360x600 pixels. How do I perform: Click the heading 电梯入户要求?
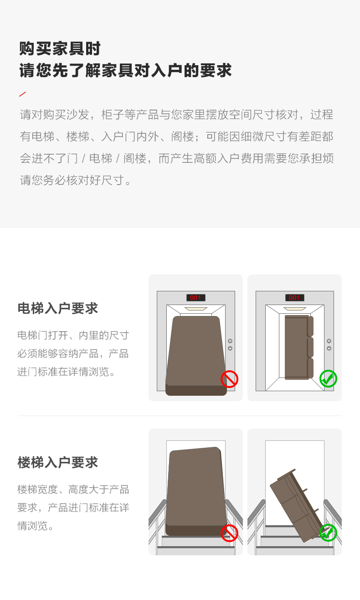click(x=57, y=308)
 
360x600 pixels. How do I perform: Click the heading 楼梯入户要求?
click(x=57, y=463)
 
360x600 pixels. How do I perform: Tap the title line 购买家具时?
click(x=60, y=48)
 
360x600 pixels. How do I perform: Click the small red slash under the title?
click(x=22, y=94)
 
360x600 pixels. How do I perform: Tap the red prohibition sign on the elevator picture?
click(x=229, y=379)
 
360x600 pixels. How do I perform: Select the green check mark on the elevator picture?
click(x=328, y=379)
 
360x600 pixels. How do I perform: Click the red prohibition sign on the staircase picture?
click(x=229, y=533)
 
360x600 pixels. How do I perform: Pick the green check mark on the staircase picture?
click(x=328, y=533)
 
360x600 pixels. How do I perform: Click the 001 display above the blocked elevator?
click(x=195, y=298)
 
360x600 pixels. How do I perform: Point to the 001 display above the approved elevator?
click(x=294, y=298)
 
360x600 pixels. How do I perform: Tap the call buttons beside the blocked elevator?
click(x=230, y=345)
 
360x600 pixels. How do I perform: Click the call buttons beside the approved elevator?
click(x=329, y=345)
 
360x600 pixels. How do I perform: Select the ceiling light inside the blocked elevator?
click(x=195, y=309)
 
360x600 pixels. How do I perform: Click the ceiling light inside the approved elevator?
click(x=295, y=309)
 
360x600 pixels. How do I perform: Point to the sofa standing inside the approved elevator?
click(x=298, y=347)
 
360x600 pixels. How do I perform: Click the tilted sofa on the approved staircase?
click(x=298, y=506)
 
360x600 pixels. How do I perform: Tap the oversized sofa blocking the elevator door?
click(x=196, y=356)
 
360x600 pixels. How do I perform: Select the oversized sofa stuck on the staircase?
click(x=196, y=491)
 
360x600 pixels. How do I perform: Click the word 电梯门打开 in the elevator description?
click(x=42, y=336)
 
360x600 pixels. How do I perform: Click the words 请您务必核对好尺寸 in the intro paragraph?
click(x=72, y=180)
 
